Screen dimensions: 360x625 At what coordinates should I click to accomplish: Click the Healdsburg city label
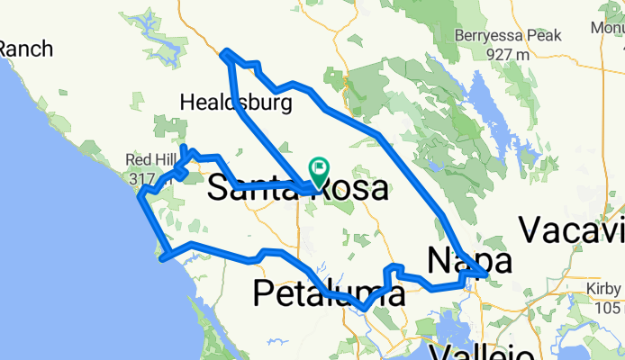pos(236,103)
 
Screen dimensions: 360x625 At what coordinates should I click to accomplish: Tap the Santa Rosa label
pos(298,189)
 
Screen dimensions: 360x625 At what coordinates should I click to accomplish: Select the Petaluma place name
pos(322,292)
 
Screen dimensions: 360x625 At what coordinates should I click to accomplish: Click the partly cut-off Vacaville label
pos(572,230)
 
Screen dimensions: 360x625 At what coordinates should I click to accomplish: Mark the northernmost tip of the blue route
pos(225,52)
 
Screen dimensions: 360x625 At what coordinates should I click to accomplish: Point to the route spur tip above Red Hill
pos(184,147)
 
